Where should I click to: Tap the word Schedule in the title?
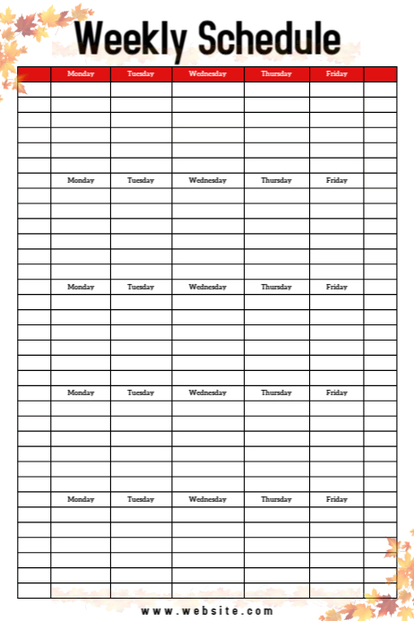coord(268,39)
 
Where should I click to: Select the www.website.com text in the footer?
coord(207,611)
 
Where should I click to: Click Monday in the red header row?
coord(81,73)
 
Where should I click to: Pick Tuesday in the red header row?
coord(141,73)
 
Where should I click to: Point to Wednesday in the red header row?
coord(207,73)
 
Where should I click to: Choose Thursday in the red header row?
coord(276,73)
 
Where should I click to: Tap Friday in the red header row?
coord(337,73)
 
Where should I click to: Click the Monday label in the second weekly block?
coord(81,180)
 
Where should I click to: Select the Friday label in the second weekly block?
coord(337,180)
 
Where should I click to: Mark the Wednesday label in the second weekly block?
coord(207,180)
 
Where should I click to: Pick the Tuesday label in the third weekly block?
coord(141,287)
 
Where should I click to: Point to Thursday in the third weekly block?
coord(276,287)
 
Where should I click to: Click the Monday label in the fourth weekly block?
coord(81,392)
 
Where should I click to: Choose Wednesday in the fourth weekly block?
coord(207,392)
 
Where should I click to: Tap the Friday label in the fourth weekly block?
coord(337,392)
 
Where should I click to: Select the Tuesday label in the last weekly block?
coord(141,499)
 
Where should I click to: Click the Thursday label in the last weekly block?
coord(276,499)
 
